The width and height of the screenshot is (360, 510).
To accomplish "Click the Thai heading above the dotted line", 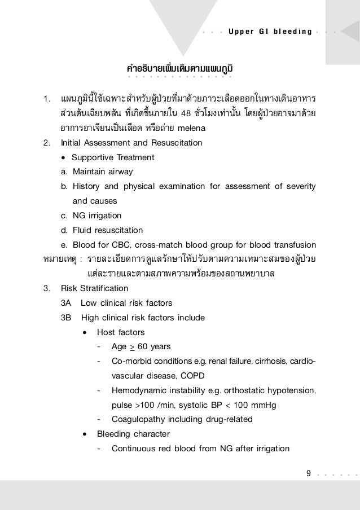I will click(x=180, y=70).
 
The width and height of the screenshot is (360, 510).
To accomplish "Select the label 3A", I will click(x=65, y=303).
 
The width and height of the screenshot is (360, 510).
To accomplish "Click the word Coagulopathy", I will click(x=138, y=419).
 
